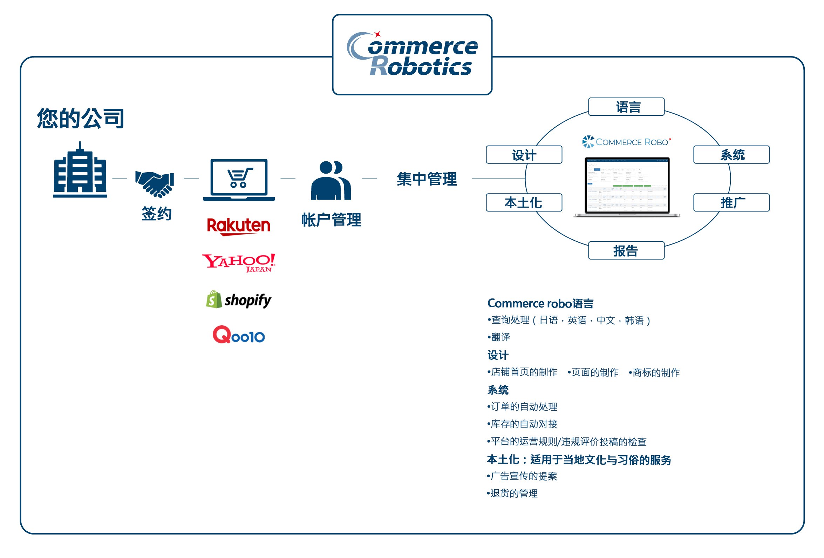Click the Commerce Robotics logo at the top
412,55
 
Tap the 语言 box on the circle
626,107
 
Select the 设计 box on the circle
524,155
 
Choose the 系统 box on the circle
731,155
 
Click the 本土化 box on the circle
524,203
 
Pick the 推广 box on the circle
731,203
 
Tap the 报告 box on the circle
626,250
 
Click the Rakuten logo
238,226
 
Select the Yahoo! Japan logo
238,263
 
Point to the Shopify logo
238,300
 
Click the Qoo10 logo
238,335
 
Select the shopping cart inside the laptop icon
239,177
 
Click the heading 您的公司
81,118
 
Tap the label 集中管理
427,179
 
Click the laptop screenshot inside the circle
627,186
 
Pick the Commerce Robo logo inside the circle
626,142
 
